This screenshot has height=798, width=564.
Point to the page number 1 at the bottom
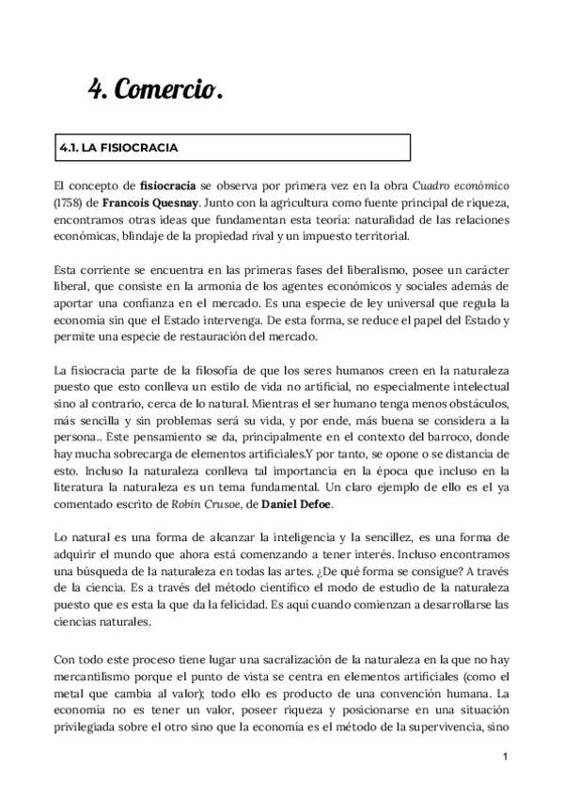point(505,757)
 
